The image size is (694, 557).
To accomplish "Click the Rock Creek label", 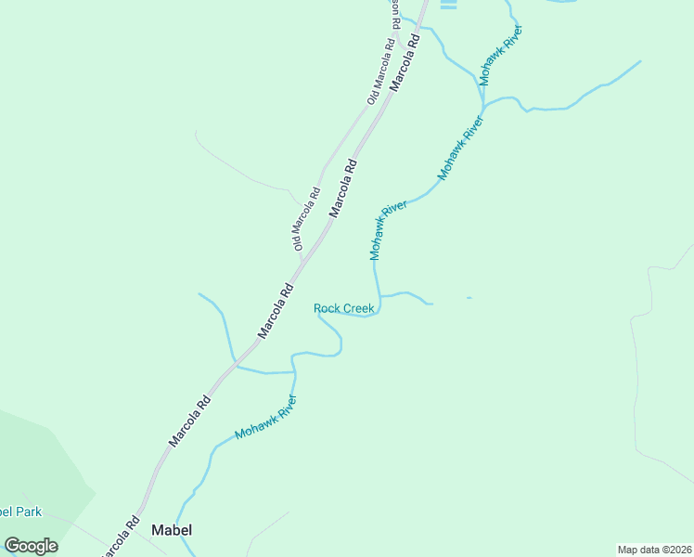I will pyautogui.click(x=343, y=308).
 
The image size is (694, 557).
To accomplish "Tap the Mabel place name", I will pyautogui.click(x=172, y=530).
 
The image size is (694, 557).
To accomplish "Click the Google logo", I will pyautogui.click(x=32, y=546).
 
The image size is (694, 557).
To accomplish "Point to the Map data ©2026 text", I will pyautogui.click(x=654, y=550).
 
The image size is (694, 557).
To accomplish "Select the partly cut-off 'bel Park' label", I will pyautogui.click(x=20, y=512).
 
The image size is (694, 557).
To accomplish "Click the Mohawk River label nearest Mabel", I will pyautogui.click(x=265, y=418).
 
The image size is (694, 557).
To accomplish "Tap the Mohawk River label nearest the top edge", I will pyautogui.click(x=501, y=57).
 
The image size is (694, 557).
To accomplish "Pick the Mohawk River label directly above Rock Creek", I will pyautogui.click(x=388, y=230).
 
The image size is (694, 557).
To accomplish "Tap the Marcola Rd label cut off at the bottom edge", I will pyautogui.click(x=119, y=537).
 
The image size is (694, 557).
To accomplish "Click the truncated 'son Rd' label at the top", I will pyautogui.click(x=394, y=9).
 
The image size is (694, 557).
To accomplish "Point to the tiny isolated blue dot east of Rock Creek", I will pyautogui.click(x=469, y=297).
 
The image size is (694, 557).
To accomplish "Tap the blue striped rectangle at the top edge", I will pyautogui.click(x=449, y=5).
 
